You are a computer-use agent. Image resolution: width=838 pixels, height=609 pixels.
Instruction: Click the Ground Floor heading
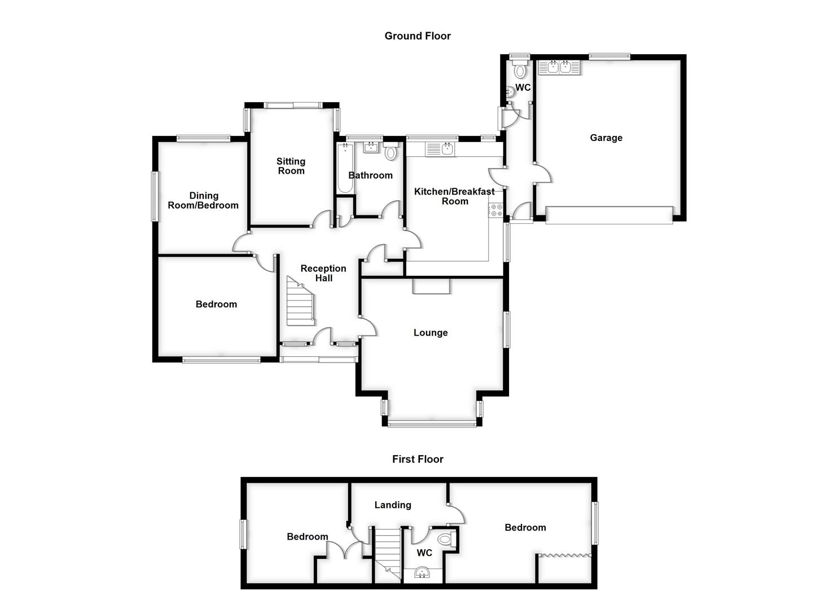point(418,36)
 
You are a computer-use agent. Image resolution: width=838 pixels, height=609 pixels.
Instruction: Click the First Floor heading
point(418,460)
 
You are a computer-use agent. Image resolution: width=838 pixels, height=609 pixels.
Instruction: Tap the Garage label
point(606,138)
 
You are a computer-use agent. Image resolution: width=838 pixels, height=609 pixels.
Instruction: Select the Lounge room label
point(431,333)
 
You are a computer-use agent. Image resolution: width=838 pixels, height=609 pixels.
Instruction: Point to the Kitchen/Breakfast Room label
point(454,196)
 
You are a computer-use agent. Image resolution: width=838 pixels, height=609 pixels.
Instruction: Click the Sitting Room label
point(291,166)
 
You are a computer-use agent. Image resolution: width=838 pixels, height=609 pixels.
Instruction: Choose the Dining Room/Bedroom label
point(203,201)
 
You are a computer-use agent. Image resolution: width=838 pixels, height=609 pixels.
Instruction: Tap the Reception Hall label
point(323,273)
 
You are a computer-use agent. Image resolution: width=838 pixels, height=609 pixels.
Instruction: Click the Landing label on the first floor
point(393,505)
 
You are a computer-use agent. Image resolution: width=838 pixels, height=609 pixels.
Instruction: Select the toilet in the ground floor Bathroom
point(391,152)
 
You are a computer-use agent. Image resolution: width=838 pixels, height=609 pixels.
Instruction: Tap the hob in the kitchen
point(496,210)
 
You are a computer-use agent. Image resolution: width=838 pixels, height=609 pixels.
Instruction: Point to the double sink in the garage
point(559,68)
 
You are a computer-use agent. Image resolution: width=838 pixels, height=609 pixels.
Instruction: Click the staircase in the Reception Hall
point(299,303)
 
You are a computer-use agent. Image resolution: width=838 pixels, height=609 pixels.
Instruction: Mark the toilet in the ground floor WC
point(520,70)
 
